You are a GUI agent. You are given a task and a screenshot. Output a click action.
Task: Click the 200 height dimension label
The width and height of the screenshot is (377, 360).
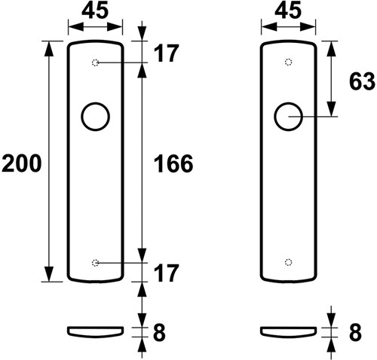pyautogui.click(x=21, y=163)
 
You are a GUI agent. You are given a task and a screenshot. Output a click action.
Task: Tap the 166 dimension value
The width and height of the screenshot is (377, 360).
pyautogui.click(x=173, y=163)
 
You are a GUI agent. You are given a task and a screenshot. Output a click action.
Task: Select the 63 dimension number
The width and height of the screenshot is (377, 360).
pyautogui.click(x=362, y=81)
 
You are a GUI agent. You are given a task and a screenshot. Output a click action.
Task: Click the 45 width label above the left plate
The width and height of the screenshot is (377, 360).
pyautogui.click(x=95, y=11)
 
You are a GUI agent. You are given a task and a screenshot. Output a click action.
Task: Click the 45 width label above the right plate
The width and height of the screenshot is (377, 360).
pyautogui.click(x=288, y=11)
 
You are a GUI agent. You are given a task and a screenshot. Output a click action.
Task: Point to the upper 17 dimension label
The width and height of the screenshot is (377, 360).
pyautogui.click(x=166, y=53)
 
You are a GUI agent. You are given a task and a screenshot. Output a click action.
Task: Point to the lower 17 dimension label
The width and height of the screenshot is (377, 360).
pyautogui.click(x=166, y=273)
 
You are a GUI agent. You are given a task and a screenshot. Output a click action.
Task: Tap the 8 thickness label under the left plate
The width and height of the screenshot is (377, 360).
pyautogui.click(x=159, y=332)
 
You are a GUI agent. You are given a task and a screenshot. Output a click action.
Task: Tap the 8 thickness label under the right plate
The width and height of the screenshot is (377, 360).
pyautogui.click(x=355, y=332)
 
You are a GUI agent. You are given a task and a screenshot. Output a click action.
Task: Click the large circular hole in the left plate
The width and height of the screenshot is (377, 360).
pyautogui.click(x=81, y=117)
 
